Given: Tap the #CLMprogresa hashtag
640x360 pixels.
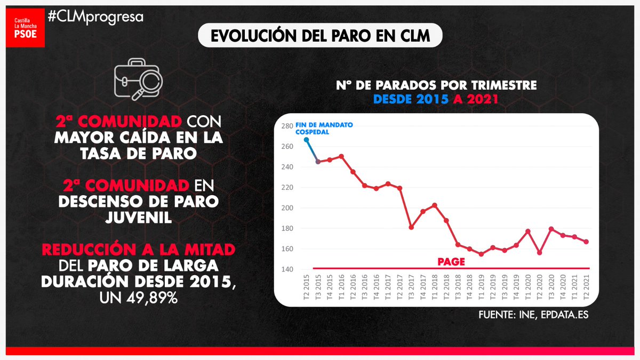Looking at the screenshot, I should click(95, 17).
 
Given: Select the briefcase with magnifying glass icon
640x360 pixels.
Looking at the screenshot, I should click(138, 83).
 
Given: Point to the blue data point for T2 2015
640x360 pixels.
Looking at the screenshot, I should click(306, 140).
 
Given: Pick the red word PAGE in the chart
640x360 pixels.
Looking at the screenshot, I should click(451, 262).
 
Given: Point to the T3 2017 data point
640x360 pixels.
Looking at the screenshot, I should click(411, 227).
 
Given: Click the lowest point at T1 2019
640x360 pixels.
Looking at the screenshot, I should click(481, 254).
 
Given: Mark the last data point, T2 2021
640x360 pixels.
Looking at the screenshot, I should click(586, 242).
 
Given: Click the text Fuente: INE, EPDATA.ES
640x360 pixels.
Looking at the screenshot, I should click(534, 315).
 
